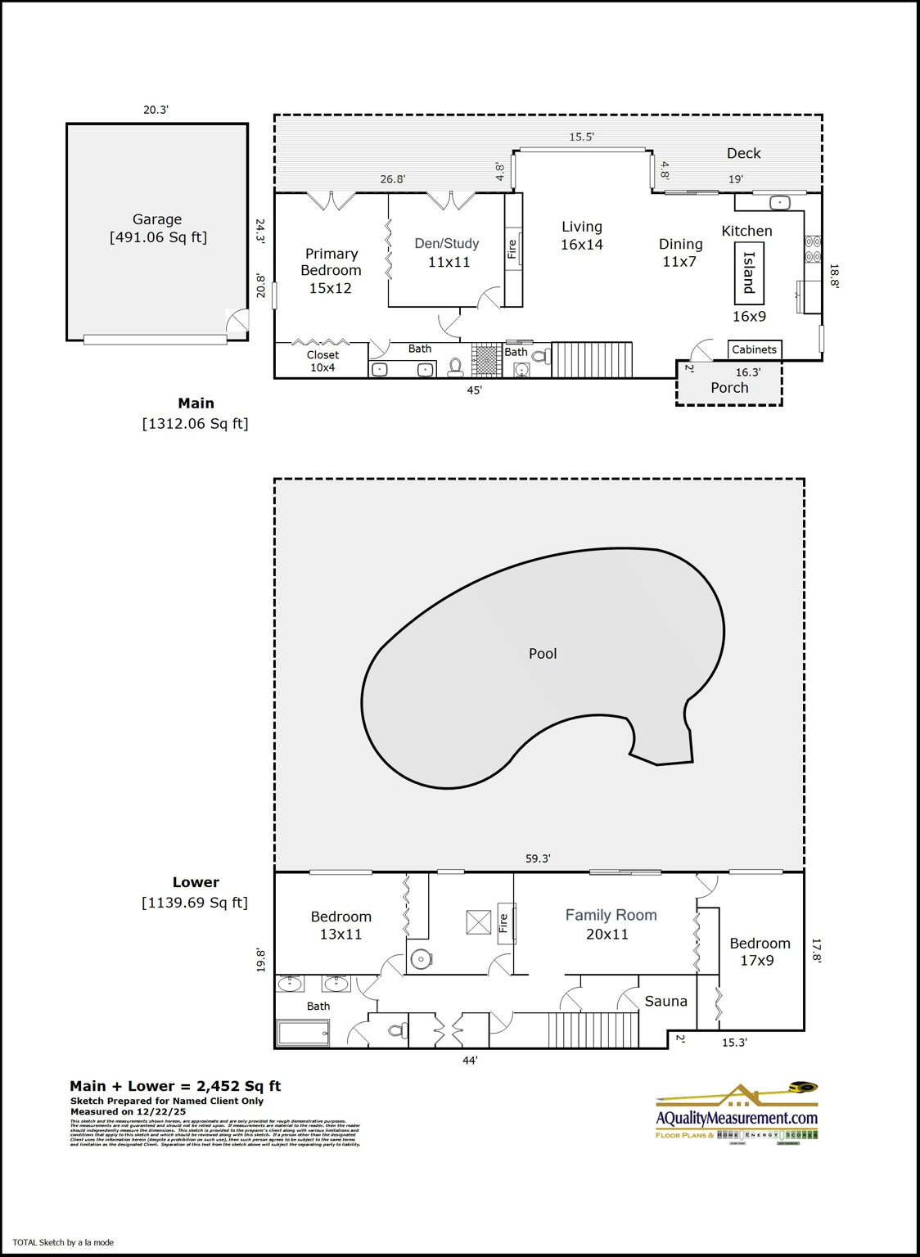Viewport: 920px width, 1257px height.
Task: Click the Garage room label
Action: point(157,228)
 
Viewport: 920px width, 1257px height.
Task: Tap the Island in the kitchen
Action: point(748,273)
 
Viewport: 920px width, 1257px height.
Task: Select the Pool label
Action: point(543,653)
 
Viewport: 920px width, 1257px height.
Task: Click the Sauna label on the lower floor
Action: point(665,1001)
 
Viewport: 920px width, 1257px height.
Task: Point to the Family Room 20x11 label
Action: point(611,925)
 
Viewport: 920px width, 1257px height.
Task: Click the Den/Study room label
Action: point(447,252)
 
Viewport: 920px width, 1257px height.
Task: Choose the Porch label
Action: point(729,388)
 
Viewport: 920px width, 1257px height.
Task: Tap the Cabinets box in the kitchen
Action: point(754,349)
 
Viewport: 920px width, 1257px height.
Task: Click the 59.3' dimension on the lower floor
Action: point(538,858)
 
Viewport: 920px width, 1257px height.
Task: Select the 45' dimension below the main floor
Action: point(475,390)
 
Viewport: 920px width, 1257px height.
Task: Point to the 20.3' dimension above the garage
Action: point(156,109)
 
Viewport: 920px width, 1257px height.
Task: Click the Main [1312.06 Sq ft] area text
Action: point(196,413)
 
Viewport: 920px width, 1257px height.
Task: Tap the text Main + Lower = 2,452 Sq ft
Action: point(175,1086)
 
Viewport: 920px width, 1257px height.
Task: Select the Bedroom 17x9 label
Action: point(760,952)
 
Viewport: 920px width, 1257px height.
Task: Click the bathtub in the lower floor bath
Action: point(304,1033)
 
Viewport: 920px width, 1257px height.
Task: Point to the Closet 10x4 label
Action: point(322,361)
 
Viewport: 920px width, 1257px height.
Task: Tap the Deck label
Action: point(743,153)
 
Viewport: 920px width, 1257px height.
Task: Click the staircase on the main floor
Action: point(592,359)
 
